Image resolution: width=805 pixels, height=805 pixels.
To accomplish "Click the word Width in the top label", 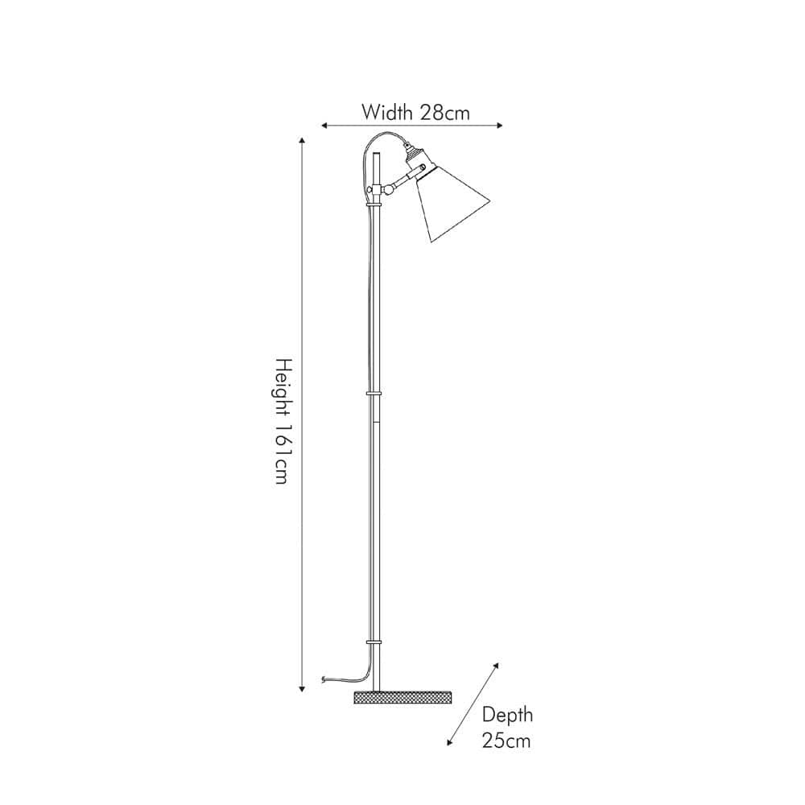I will pyautogui.click(x=388, y=112).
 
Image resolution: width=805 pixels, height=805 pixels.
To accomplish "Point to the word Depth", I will pyautogui.click(x=506, y=715).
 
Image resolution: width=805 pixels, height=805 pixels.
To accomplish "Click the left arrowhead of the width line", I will pyautogui.click(x=324, y=126).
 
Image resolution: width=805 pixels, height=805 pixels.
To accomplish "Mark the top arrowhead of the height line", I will pyautogui.click(x=303, y=141).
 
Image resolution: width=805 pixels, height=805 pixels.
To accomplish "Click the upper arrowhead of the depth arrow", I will pyautogui.click(x=495, y=667).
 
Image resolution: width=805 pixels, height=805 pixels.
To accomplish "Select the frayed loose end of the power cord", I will pyautogui.click(x=324, y=681).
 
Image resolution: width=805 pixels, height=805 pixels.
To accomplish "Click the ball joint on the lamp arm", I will pyautogui.click(x=389, y=189).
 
